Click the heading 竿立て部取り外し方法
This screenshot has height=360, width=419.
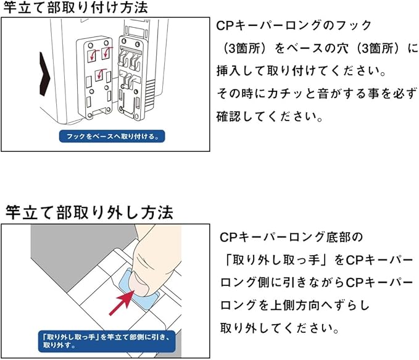(89, 212)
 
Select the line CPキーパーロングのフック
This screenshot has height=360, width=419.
(294, 26)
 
